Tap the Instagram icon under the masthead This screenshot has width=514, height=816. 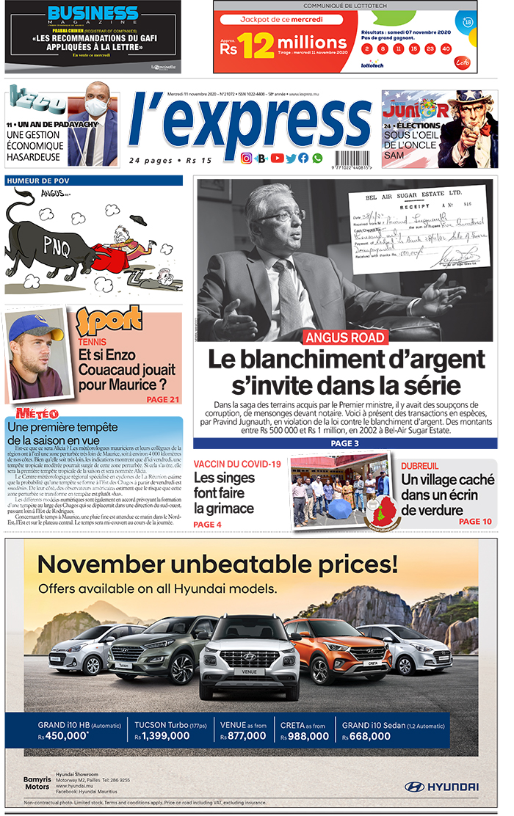click(x=247, y=158)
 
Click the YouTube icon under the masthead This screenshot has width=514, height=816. click(x=277, y=158)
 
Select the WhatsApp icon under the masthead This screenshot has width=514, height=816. click(x=317, y=158)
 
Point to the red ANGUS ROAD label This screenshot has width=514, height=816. click(x=345, y=338)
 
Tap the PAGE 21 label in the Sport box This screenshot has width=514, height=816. click(x=162, y=399)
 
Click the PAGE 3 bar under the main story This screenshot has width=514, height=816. click(x=344, y=443)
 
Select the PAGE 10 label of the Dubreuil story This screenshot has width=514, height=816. click(x=475, y=521)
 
